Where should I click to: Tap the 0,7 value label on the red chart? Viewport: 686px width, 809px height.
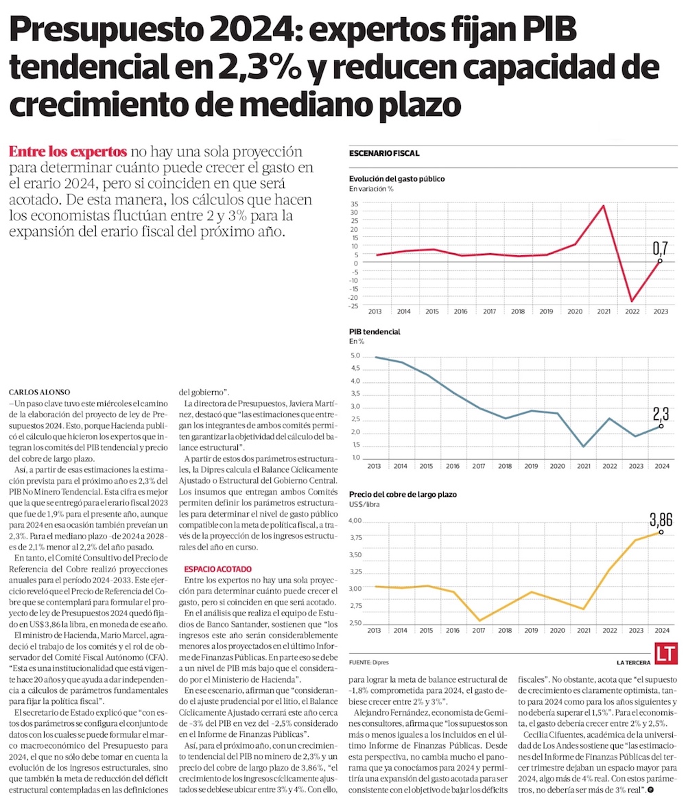(x=660, y=248)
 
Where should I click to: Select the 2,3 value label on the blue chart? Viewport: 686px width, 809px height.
(x=661, y=414)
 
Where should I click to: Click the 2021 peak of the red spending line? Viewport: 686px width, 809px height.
(x=603, y=205)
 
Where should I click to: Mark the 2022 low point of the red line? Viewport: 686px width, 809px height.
(x=632, y=301)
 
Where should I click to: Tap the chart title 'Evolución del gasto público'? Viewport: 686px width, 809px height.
(x=397, y=178)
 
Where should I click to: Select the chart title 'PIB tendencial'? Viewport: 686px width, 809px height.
(x=375, y=331)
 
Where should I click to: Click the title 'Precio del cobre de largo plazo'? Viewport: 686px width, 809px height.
(x=403, y=494)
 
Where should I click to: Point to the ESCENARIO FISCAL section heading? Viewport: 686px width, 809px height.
(x=383, y=153)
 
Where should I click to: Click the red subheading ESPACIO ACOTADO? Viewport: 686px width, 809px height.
(x=217, y=570)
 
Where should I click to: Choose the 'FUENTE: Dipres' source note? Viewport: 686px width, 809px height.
(x=369, y=662)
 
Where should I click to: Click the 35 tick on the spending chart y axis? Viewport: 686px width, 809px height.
(x=354, y=204)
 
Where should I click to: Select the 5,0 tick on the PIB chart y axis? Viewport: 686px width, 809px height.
(x=355, y=356)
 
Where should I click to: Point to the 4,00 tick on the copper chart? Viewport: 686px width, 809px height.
(x=355, y=521)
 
